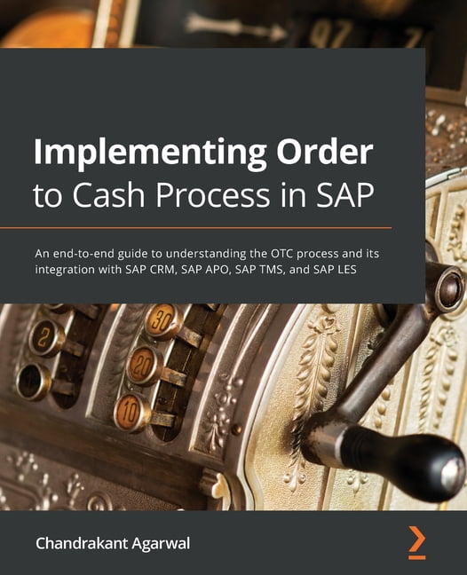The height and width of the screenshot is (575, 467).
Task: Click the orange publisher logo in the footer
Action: pyautogui.click(x=416, y=541)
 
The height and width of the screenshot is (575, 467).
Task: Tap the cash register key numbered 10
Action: pyautogui.click(x=131, y=413)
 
